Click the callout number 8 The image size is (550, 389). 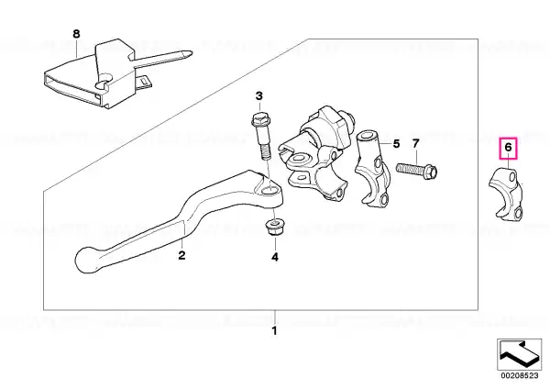click(76, 34)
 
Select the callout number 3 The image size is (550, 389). click(258, 95)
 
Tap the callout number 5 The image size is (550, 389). click(396, 144)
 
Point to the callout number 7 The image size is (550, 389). click(415, 144)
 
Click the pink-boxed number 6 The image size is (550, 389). click(508, 148)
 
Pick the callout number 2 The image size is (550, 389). click(181, 255)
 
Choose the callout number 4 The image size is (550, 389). click(275, 257)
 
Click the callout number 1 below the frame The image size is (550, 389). click(275, 330)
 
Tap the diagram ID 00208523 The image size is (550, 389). click(520, 375)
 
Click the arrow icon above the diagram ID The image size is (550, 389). click(519, 354)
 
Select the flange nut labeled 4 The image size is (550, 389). click(274, 227)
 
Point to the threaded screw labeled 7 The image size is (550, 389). click(417, 169)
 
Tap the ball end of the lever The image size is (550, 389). click(87, 259)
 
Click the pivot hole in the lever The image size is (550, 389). click(269, 191)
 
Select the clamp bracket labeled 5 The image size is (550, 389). click(372, 169)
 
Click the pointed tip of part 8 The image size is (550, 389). click(192, 53)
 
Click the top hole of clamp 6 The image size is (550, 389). click(513, 175)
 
